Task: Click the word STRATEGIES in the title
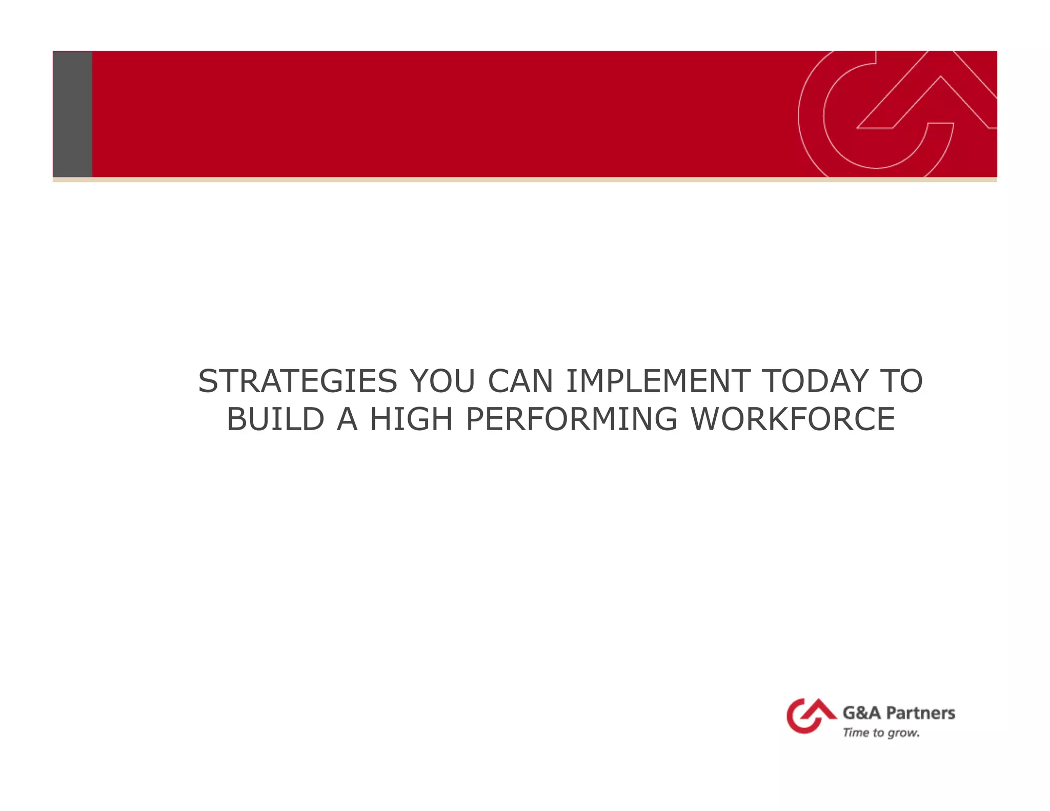(x=297, y=381)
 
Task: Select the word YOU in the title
(x=442, y=381)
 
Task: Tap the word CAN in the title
(x=520, y=381)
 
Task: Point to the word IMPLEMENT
(x=658, y=381)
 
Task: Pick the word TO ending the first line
(x=901, y=381)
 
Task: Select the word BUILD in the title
(x=275, y=419)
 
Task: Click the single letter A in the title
(x=347, y=419)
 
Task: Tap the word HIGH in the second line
(x=411, y=419)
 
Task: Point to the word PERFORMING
(x=572, y=419)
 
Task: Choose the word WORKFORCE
(x=793, y=419)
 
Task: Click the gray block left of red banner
(x=72, y=114)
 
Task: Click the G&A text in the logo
(x=861, y=713)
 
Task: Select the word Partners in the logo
(x=920, y=713)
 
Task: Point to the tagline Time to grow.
(x=881, y=733)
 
